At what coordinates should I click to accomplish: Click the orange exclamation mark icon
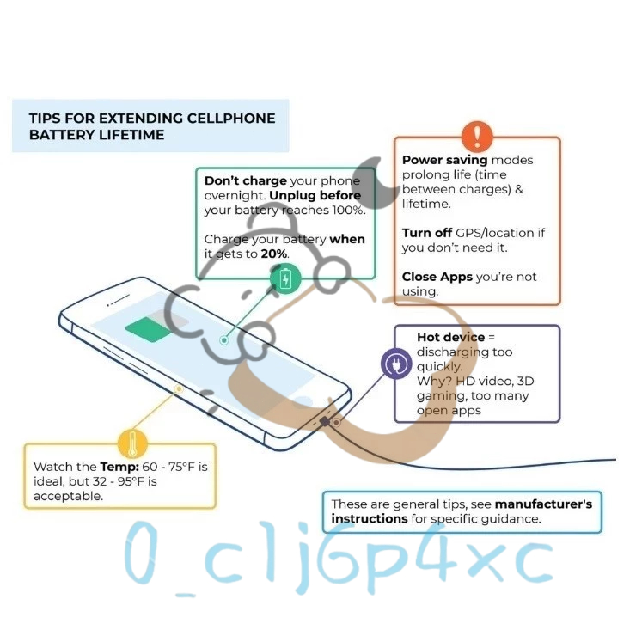(477, 137)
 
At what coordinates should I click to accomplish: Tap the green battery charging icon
(286, 279)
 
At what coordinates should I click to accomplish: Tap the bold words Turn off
(428, 233)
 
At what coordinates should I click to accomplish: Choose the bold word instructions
(370, 518)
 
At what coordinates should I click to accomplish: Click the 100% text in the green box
(347, 210)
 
